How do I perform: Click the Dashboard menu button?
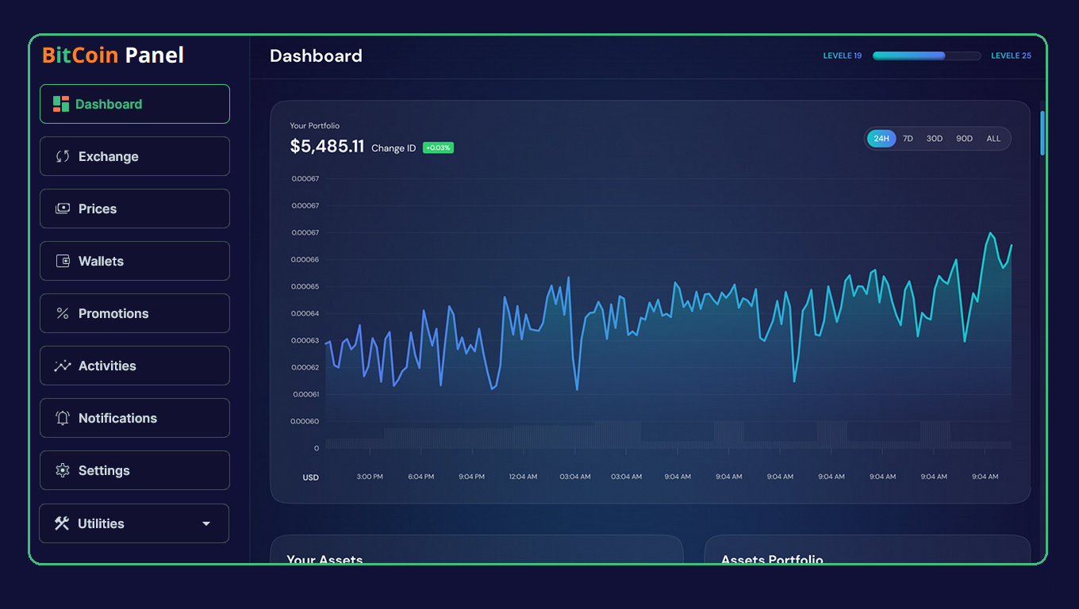[134, 104]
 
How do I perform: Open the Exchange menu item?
[134, 156]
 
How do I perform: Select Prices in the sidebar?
[134, 209]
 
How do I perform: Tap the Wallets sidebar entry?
[134, 261]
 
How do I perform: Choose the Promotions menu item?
[134, 313]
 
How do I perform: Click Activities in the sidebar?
[134, 366]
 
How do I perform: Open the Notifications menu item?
[134, 418]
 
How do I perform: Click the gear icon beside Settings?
[63, 470]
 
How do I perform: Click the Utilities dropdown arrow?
[206, 523]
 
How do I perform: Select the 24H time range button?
[881, 139]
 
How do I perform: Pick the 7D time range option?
[908, 139]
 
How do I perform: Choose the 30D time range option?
[935, 139]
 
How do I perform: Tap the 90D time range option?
[964, 139]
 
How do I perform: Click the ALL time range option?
[993, 139]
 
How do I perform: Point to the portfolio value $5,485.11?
[327, 147]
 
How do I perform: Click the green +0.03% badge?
[438, 147]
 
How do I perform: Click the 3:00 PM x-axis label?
[370, 477]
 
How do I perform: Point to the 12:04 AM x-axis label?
[523, 477]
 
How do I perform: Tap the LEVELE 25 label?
[1011, 56]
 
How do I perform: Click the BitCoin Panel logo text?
[113, 56]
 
